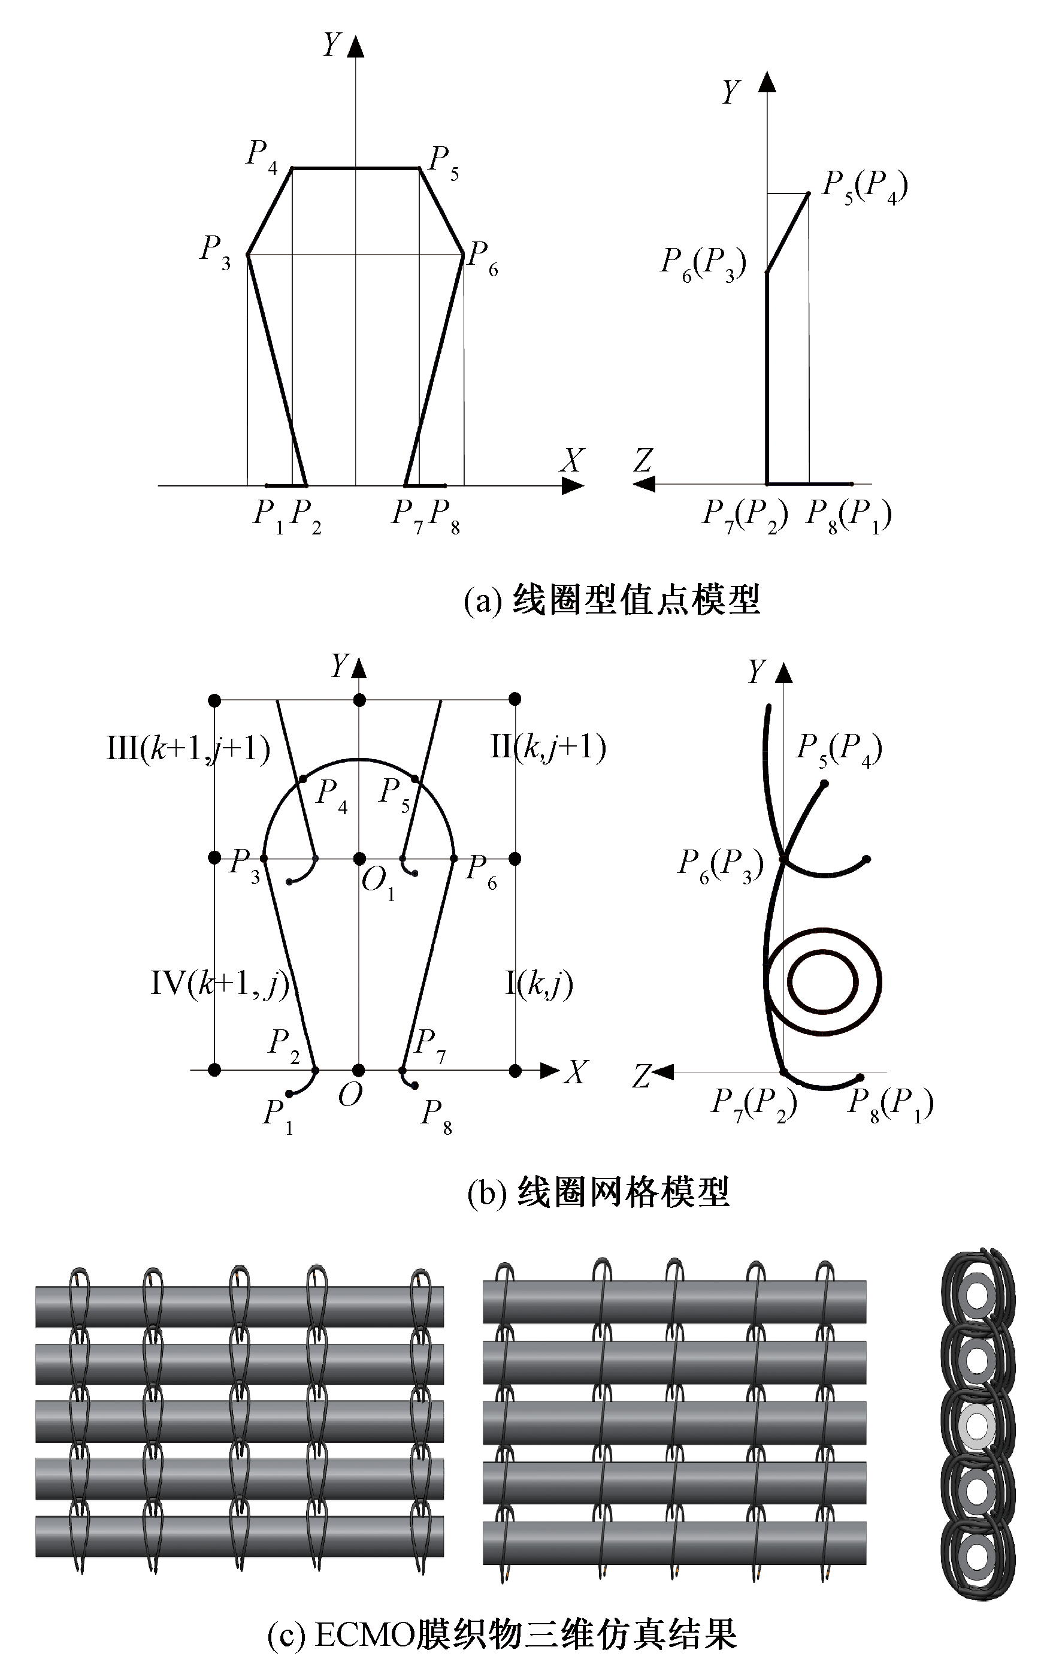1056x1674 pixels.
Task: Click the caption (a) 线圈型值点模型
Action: tap(612, 599)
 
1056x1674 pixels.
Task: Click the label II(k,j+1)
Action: tap(549, 747)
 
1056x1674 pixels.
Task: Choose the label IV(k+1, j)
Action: tap(220, 984)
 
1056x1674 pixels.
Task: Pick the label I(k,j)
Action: tap(538, 984)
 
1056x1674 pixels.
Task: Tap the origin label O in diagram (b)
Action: tap(350, 1096)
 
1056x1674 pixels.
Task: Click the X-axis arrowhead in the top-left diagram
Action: tap(572, 486)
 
